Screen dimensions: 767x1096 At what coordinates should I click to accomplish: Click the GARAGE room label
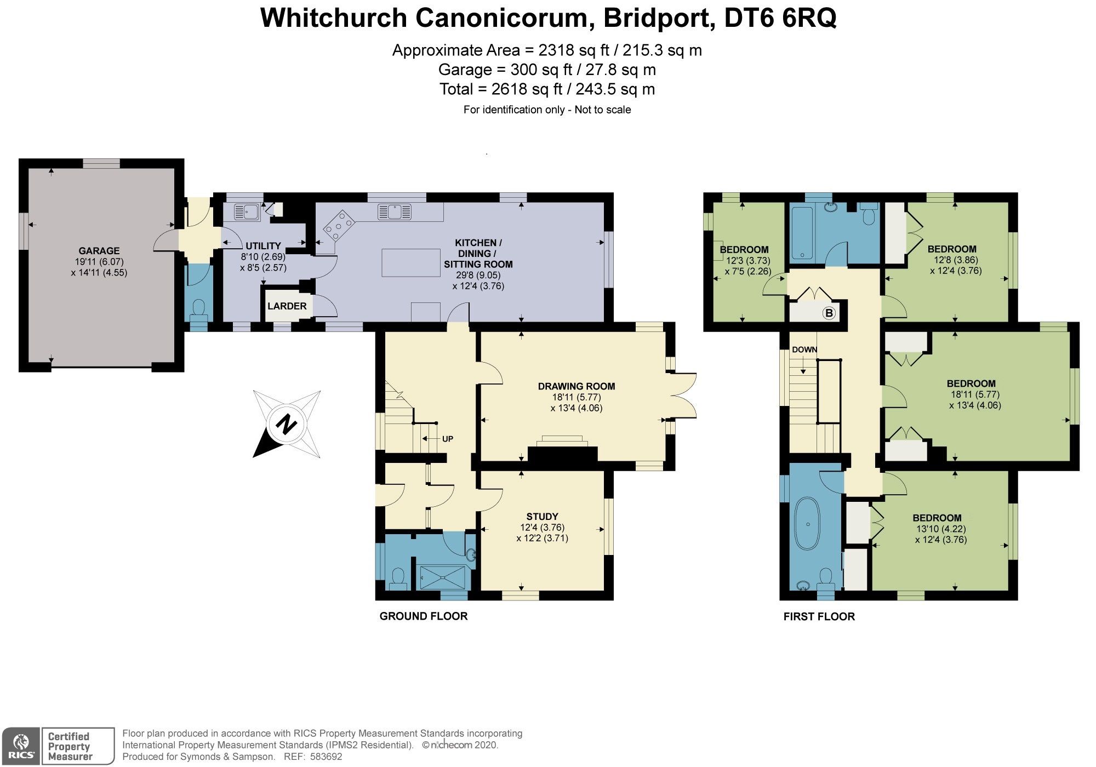[99, 251]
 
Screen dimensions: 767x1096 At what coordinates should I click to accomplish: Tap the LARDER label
[287, 306]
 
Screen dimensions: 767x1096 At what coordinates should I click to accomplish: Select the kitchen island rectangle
[411, 262]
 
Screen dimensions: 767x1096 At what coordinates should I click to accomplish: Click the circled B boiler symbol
[829, 313]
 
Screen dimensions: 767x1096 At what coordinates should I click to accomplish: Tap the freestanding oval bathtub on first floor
[808, 524]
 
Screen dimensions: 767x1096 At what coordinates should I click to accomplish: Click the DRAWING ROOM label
[576, 386]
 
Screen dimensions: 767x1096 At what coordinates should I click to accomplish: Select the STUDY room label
[542, 517]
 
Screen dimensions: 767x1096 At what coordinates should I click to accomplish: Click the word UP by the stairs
[448, 439]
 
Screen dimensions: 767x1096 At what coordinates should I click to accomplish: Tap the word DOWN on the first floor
[804, 350]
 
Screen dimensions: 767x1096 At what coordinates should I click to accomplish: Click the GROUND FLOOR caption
[423, 616]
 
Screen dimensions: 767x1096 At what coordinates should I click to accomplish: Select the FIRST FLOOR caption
[819, 617]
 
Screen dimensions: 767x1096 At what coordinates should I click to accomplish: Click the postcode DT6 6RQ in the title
[780, 18]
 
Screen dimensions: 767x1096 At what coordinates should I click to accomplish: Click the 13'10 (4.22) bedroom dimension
[941, 529]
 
